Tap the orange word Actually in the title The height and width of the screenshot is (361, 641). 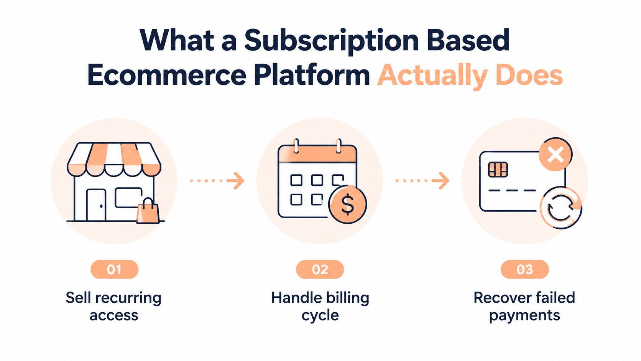(432, 76)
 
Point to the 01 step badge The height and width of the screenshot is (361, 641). (115, 269)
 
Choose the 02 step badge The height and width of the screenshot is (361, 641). (320, 269)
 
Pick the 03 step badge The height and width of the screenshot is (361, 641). (525, 269)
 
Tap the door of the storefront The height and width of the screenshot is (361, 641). (96, 205)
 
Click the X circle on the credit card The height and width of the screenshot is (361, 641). (556, 154)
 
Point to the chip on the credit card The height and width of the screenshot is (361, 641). (498, 170)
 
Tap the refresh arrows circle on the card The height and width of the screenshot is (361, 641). (561, 208)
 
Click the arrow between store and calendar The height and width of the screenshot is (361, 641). (217, 181)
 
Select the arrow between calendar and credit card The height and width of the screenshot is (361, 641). (422, 181)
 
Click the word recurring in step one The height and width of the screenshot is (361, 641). (128, 298)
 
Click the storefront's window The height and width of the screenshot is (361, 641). (128, 198)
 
